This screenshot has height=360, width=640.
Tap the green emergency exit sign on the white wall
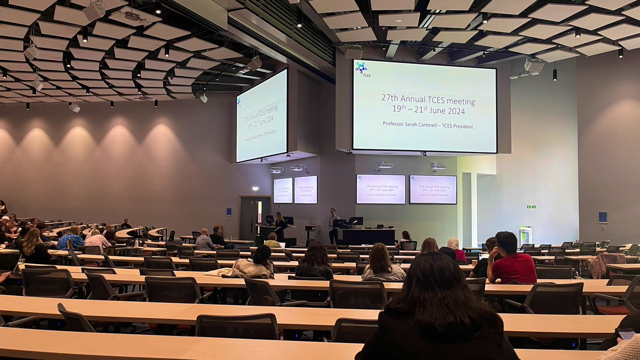[x=531, y=206]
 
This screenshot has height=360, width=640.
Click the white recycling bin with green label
[x=525, y=235]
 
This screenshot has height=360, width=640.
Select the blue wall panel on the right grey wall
[x=603, y=217]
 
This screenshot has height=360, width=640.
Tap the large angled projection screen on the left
[x=262, y=116]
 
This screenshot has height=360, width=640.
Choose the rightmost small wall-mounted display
[x=433, y=189]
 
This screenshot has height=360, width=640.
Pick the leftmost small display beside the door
[x=283, y=190]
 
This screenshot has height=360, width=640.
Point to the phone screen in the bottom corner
[x=626, y=334]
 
